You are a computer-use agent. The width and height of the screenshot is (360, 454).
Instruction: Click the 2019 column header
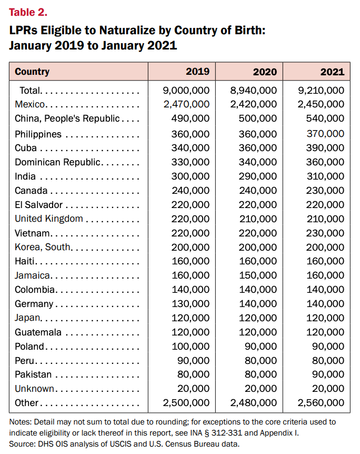pyautogui.click(x=197, y=72)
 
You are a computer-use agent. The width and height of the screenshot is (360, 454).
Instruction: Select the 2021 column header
pyautogui.click(x=332, y=72)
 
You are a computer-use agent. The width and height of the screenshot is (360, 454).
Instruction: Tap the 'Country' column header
pyautogui.click(x=32, y=72)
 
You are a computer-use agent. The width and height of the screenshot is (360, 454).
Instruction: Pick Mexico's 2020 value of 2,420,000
pyautogui.click(x=254, y=104)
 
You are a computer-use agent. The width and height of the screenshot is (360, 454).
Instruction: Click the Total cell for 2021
pyautogui.click(x=321, y=91)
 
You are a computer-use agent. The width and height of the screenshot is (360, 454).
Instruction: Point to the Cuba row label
pyautogui.click(x=26, y=148)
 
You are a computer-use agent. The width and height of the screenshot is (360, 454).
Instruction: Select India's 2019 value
pyautogui.click(x=191, y=176)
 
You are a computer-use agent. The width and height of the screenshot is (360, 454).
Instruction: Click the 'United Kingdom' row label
pyautogui.click(x=49, y=219)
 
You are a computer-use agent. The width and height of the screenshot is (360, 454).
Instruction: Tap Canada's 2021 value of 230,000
pyautogui.click(x=325, y=191)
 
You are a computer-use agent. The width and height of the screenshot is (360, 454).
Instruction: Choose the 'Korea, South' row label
pyautogui.click(x=43, y=247)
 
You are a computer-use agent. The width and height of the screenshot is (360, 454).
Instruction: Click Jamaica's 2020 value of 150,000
pyautogui.click(x=258, y=275)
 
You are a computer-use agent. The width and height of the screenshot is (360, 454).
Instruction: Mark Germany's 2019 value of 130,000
pyautogui.click(x=191, y=304)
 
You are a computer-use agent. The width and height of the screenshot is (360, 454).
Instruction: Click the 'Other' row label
pyautogui.click(x=27, y=403)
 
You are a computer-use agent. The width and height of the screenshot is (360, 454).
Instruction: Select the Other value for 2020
pyautogui.click(x=254, y=403)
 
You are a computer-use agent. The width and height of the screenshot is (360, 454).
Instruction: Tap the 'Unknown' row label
pyautogui.click(x=34, y=389)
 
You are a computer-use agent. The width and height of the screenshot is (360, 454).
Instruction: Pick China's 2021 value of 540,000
pyautogui.click(x=325, y=119)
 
